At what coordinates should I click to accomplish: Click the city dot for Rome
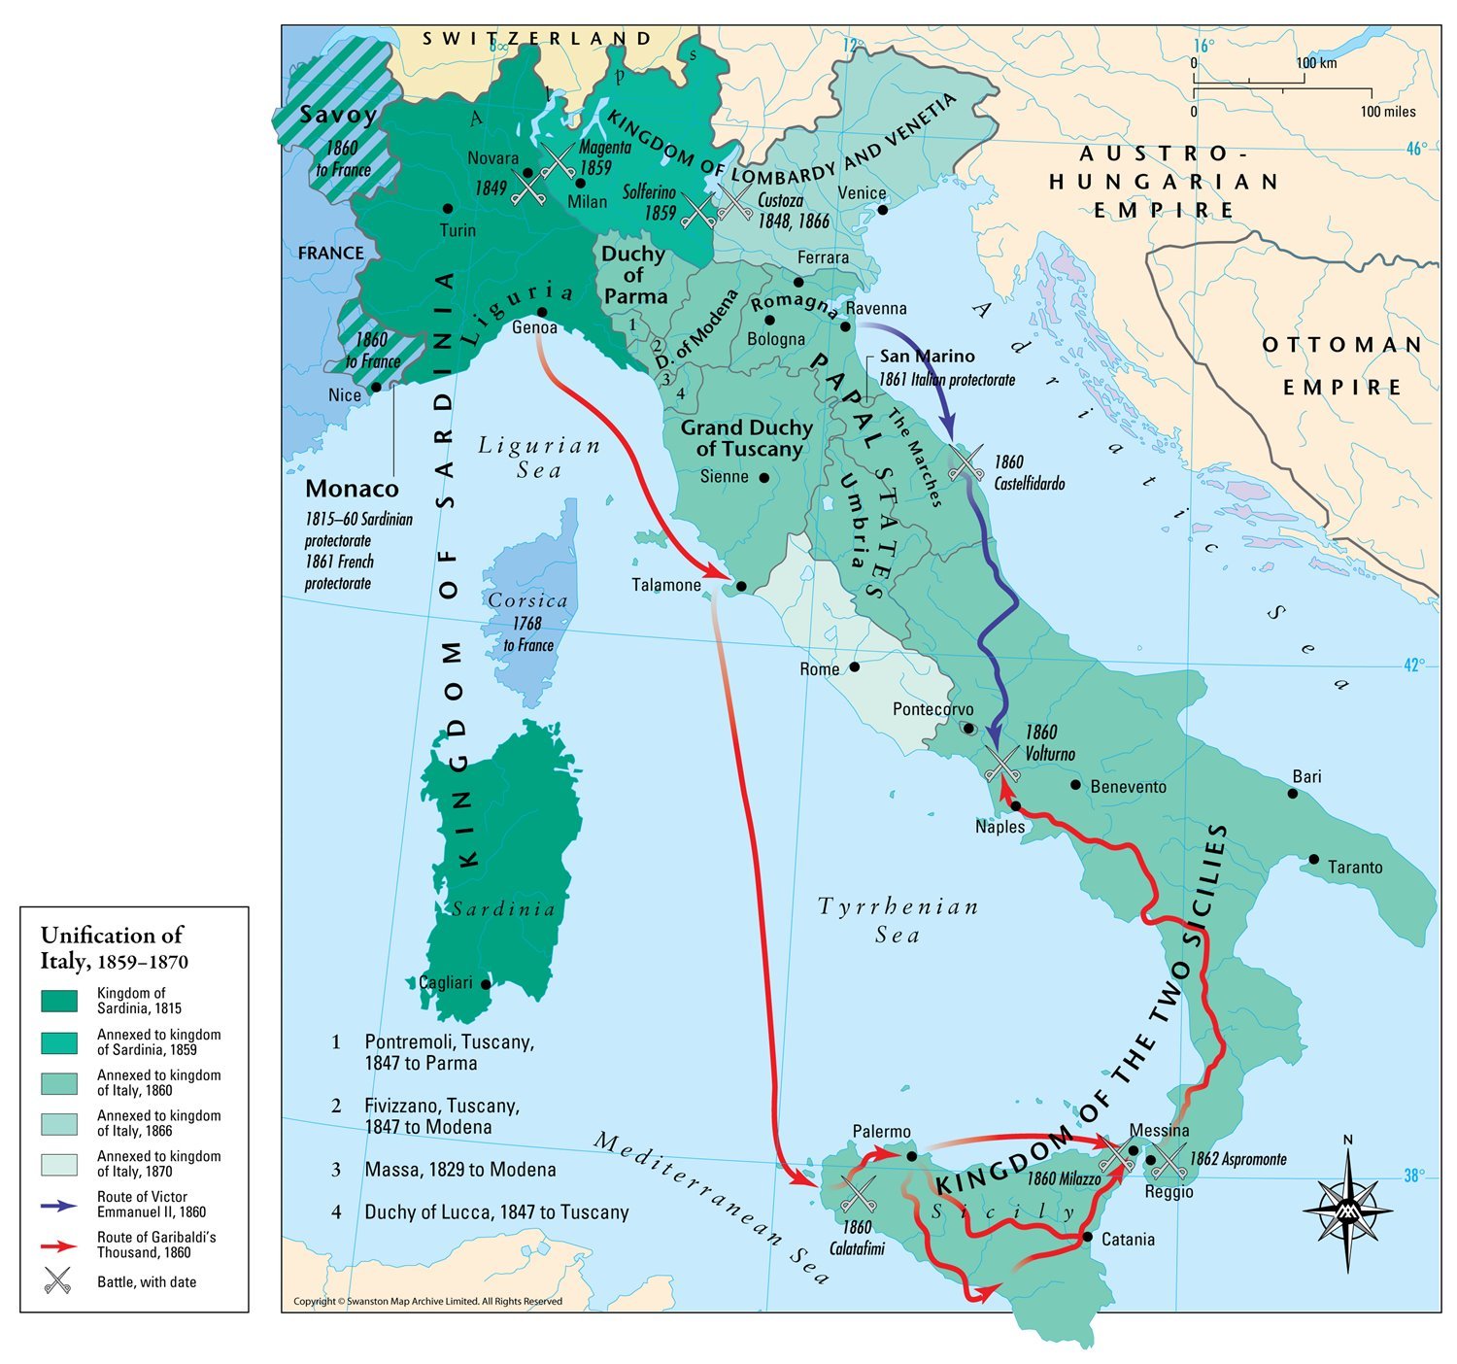click(x=855, y=666)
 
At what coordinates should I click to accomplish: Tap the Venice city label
click(x=862, y=193)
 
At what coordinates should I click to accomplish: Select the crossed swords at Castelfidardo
click(x=966, y=462)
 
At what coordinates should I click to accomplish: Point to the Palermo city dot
click(x=911, y=1155)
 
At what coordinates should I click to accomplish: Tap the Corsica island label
click(x=527, y=601)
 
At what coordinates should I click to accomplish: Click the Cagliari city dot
click(x=487, y=984)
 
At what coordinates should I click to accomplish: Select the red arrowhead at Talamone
click(x=716, y=574)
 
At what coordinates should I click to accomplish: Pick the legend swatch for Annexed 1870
click(x=59, y=1164)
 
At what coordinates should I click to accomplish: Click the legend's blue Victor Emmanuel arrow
click(x=59, y=1205)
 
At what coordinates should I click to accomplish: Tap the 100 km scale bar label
click(x=1316, y=63)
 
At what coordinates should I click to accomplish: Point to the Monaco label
click(x=352, y=489)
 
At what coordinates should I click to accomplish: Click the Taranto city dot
click(x=1313, y=859)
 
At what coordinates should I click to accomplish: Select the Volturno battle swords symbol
click(x=1001, y=763)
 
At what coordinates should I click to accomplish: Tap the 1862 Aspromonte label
click(x=1237, y=1159)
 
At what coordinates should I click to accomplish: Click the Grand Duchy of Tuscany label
click(x=746, y=438)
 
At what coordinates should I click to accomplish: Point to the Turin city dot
click(x=448, y=208)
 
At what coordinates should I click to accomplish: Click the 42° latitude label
click(x=1414, y=665)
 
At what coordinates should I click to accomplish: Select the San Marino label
click(x=927, y=357)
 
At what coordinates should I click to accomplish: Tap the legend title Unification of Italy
click(x=113, y=947)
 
